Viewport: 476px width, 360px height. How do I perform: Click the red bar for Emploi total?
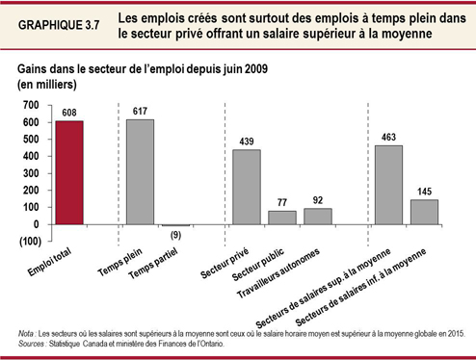click(x=69, y=172)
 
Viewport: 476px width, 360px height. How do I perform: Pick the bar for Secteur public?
click(x=281, y=218)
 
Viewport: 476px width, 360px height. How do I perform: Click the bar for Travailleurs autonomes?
click(x=318, y=216)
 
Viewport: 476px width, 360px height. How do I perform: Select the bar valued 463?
click(x=388, y=185)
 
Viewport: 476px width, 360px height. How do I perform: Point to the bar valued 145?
click(x=425, y=212)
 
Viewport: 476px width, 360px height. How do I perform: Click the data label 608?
click(x=69, y=112)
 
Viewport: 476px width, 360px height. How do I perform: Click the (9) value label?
click(x=175, y=236)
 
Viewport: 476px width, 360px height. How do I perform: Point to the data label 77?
click(x=281, y=202)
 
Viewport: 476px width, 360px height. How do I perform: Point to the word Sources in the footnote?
click(x=34, y=342)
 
